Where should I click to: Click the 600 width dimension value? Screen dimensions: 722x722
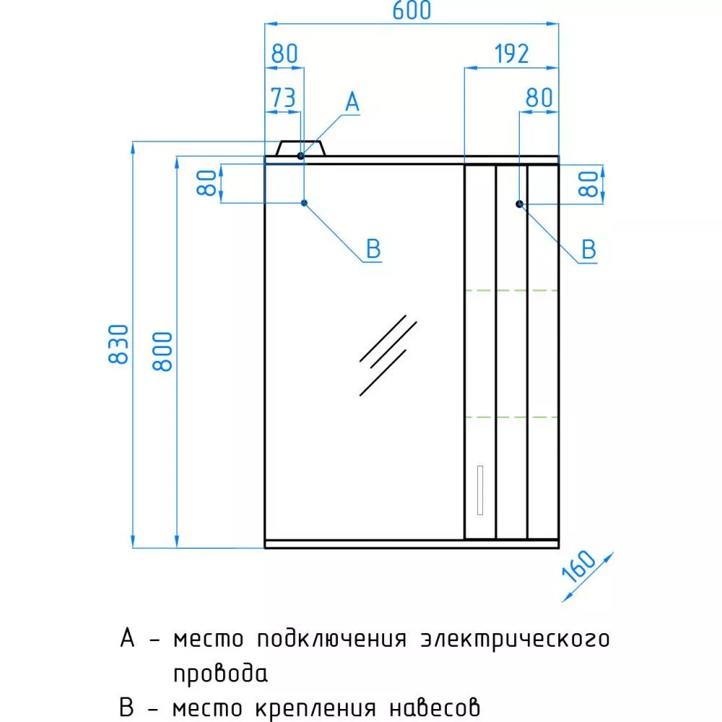[x=412, y=10]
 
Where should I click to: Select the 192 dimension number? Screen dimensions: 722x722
[x=511, y=54]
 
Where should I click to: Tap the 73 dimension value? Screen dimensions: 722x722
[x=283, y=97]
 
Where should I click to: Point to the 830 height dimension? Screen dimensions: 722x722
[x=118, y=344]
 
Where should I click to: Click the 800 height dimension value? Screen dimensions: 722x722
[x=162, y=352]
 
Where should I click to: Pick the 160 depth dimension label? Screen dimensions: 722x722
[x=579, y=565]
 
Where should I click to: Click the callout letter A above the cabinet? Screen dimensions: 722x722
[x=352, y=102]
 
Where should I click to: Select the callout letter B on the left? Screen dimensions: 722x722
[x=373, y=249]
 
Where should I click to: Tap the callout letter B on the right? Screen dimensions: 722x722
[x=588, y=250]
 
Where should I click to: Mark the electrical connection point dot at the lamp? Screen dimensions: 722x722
[x=300, y=156]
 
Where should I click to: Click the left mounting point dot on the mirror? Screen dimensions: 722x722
[x=304, y=203]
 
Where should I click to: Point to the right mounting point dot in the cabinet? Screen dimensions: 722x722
[x=519, y=204]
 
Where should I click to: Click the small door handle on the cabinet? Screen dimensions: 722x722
[x=480, y=490]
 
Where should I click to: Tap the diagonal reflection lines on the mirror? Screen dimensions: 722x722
[x=388, y=355]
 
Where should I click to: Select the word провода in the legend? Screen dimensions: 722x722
[x=220, y=674]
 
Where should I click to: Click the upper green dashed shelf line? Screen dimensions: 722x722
[x=511, y=290]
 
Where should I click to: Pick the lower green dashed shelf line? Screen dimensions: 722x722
[x=511, y=417]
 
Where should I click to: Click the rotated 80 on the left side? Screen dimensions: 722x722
[x=206, y=183]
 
